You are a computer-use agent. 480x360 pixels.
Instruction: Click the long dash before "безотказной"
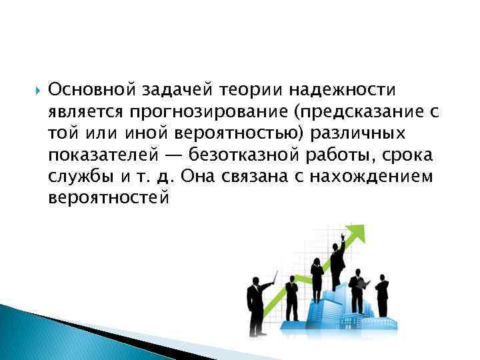point(175,155)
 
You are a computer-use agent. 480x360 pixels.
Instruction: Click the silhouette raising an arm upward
point(339,260)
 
